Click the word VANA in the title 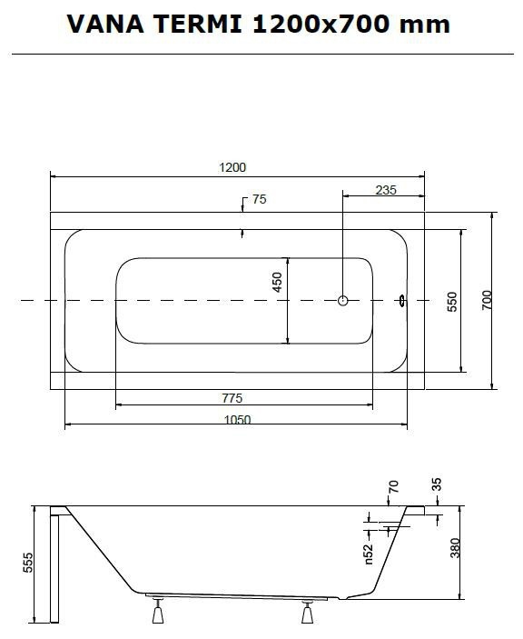point(105,24)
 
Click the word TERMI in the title point(198,24)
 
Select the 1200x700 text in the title point(321,24)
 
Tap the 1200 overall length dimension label point(232,167)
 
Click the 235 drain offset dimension point(386,190)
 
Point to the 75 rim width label point(260,199)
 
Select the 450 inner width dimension point(277,282)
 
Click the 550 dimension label point(452,302)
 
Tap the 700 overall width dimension point(487,300)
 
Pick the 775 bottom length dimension point(232,398)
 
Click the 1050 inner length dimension point(238,419)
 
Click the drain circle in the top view point(343,300)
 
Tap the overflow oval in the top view point(402,301)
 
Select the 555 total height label point(27,563)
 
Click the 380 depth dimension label point(455,548)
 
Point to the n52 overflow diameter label point(369,554)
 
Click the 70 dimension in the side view point(393,486)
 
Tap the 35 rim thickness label point(436,484)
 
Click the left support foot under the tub point(158,611)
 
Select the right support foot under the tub point(307,612)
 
